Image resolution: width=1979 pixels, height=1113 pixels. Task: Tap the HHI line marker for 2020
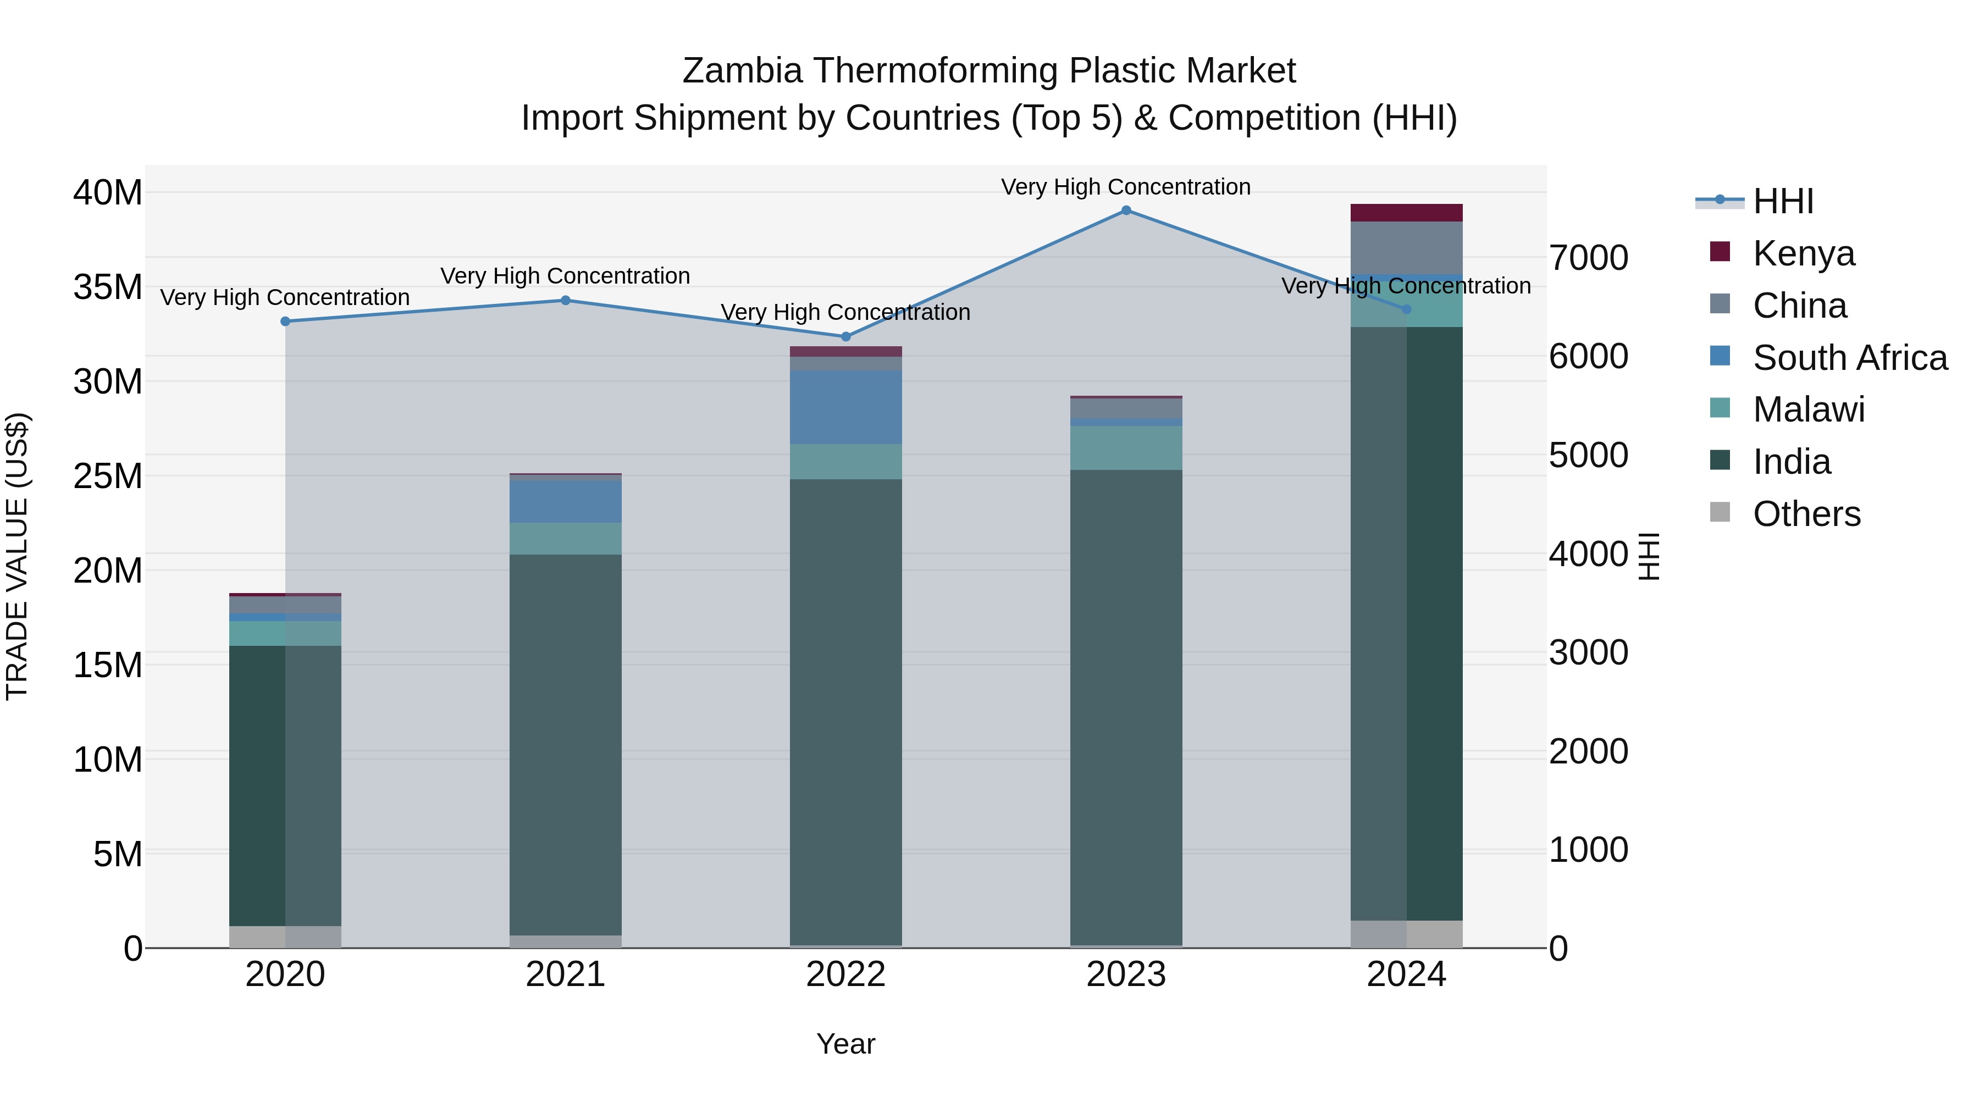tap(285, 321)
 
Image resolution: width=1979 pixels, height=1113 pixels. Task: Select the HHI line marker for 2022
tap(846, 336)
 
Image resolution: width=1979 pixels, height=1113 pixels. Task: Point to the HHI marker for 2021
tap(566, 300)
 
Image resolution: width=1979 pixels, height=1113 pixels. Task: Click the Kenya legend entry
tap(1803, 253)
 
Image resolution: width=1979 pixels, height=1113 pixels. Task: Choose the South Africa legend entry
tap(1849, 358)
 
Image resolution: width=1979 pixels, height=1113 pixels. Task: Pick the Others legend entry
tap(1806, 514)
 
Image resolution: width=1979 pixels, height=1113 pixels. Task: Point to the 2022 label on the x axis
tap(846, 974)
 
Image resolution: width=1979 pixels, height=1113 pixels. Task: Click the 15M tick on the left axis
tap(108, 665)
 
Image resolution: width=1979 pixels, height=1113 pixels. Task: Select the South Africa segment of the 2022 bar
tap(846, 407)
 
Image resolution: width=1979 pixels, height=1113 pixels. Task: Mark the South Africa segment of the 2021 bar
tap(566, 502)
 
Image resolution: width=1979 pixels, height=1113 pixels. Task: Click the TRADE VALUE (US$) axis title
tap(17, 556)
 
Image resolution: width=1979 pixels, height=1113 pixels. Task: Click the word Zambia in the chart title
tap(742, 71)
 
